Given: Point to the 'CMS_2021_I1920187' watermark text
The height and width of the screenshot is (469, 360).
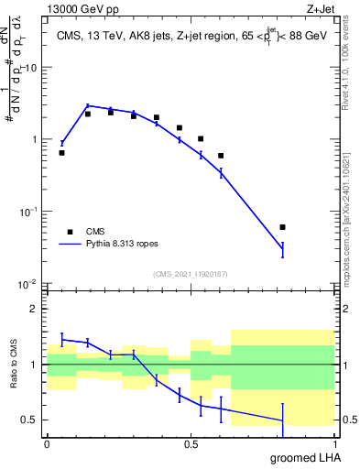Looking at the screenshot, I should click(x=190, y=274).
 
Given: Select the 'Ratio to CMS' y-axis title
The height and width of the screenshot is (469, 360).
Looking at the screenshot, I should click(x=15, y=364).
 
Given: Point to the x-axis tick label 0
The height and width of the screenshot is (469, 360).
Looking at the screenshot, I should click(x=47, y=443).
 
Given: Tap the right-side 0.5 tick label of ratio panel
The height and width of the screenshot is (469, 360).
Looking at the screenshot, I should click(x=346, y=420).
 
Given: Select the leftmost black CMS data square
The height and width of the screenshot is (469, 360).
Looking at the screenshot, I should click(x=61, y=153).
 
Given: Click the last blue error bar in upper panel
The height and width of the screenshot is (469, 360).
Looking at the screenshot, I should click(x=282, y=249).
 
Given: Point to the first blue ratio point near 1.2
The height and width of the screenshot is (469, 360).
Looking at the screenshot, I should click(x=61, y=339).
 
